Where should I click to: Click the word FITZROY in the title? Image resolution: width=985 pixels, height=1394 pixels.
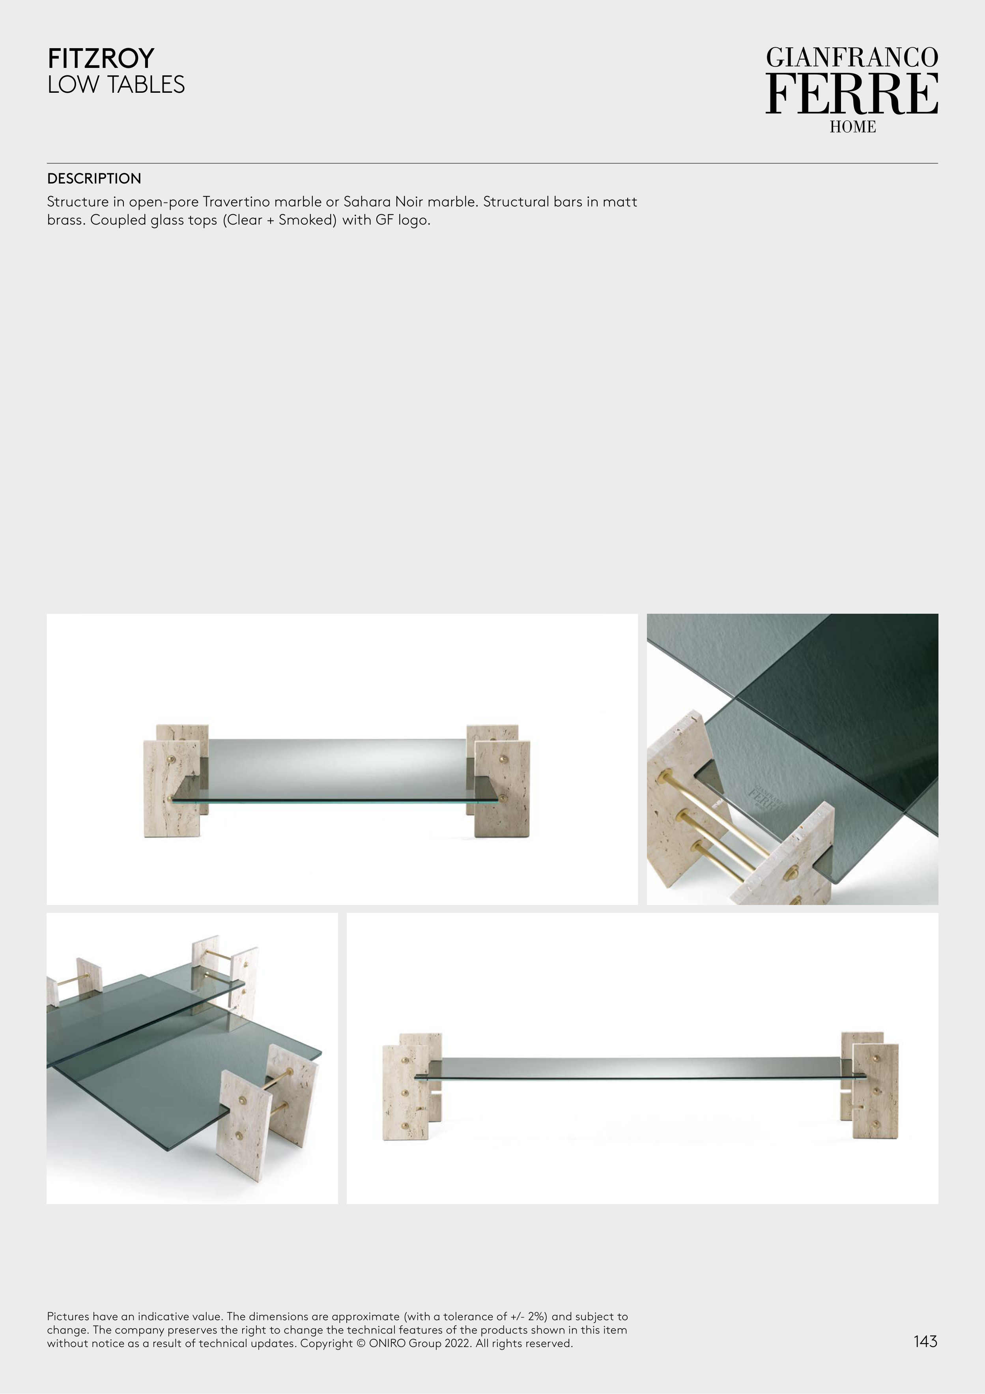[101, 58]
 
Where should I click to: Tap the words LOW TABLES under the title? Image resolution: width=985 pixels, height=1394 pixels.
[116, 84]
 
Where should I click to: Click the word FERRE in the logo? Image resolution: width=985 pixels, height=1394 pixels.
[852, 94]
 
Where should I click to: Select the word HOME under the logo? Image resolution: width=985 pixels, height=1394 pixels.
[853, 127]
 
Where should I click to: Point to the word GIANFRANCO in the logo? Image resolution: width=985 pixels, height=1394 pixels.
[852, 58]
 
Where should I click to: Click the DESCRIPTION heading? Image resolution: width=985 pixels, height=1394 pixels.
[94, 178]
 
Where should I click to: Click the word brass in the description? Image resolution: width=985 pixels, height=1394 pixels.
[65, 220]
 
